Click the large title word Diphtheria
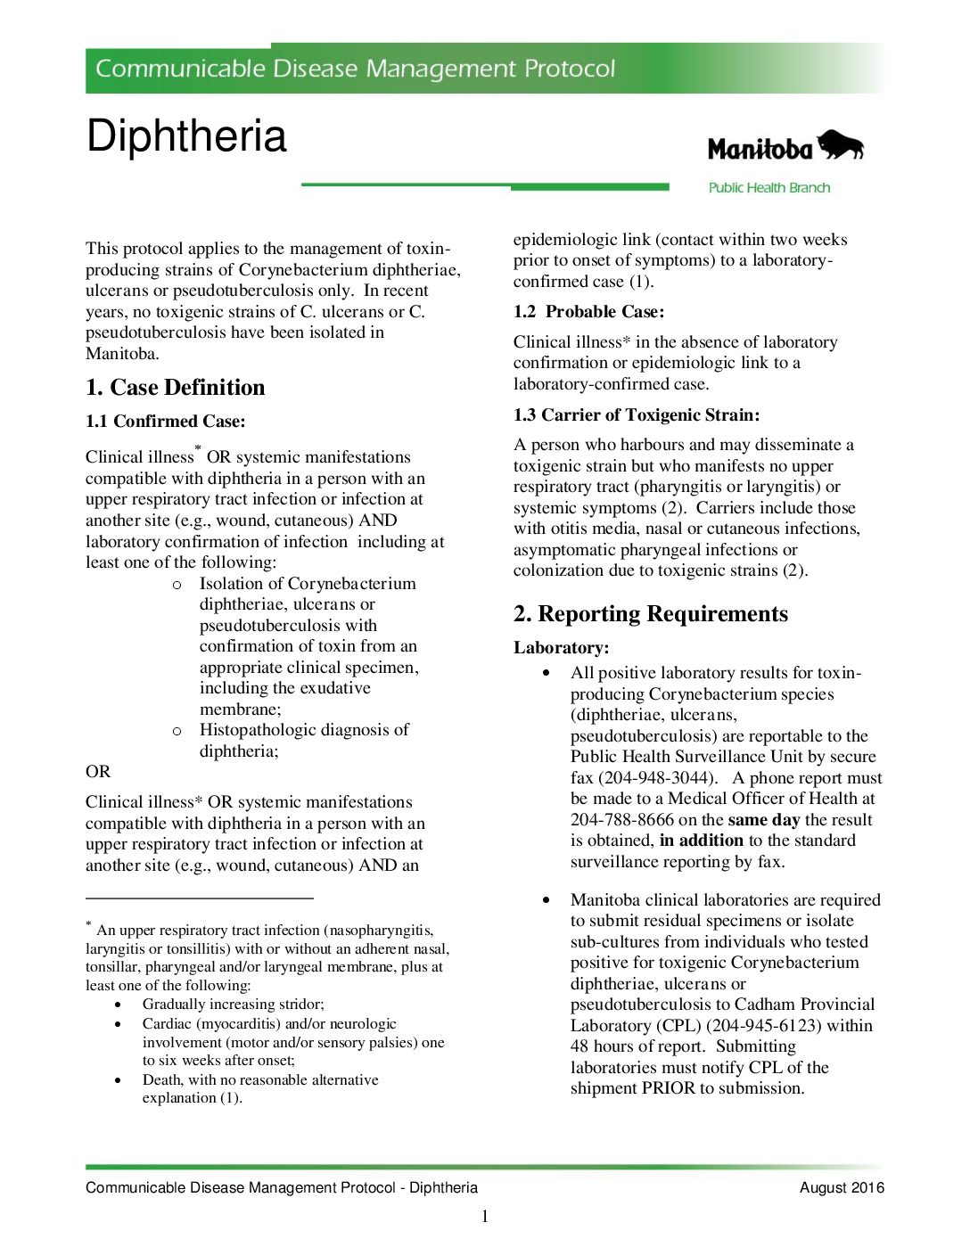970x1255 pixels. tap(186, 136)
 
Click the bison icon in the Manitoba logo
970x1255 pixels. tap(841, 145)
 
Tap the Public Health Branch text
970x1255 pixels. tap(769, 187)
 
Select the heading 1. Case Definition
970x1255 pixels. tap(176, 387)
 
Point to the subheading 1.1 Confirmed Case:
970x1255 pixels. tap(165, 421)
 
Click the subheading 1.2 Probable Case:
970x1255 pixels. tap(588, 311)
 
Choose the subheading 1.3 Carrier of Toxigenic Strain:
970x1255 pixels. tap(636, 414)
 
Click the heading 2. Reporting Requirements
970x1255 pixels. tap(650, 613)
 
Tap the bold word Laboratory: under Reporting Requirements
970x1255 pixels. tap(561, 647)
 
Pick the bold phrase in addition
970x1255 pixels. tap(701, 840)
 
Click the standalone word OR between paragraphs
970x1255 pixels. tap(98, 771)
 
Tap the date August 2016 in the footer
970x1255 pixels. tap(842, 1187)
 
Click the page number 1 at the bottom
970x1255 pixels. tap(485, 1217)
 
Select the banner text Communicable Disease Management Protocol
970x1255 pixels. tap(355, 69)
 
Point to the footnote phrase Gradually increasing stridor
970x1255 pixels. tap(233, 1004)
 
